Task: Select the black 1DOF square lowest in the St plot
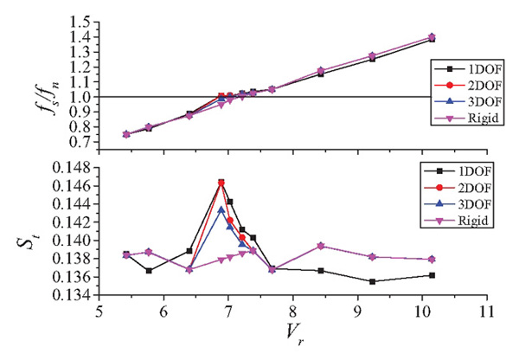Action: click(372, 281)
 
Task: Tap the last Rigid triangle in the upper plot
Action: click(432, 37)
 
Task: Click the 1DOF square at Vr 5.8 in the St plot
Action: click(149, 271)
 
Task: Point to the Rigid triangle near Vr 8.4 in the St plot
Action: click(321, 246)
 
